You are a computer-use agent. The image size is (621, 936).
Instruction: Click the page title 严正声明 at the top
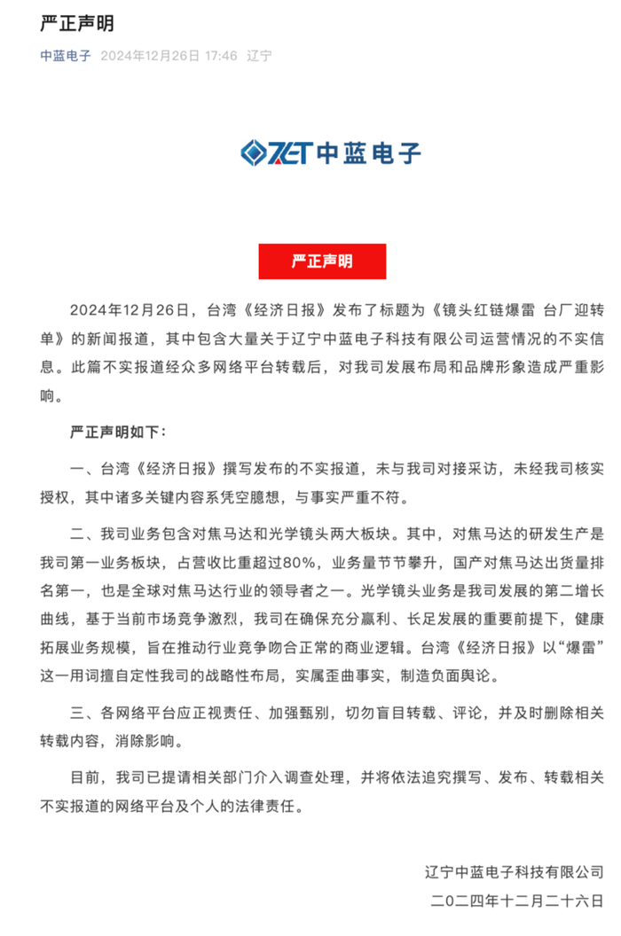click(77, 24)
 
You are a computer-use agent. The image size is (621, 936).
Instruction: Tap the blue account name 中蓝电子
click(66, 56)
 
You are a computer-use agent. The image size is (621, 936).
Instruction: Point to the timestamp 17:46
click(222, 56)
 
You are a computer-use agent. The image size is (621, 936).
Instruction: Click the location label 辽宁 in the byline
click(260, 56)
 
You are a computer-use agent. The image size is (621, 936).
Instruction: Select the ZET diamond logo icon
click(259, 152)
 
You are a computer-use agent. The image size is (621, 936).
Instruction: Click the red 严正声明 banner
click(310, 261)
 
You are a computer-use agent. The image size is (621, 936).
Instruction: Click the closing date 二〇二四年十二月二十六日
click(516, 902)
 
